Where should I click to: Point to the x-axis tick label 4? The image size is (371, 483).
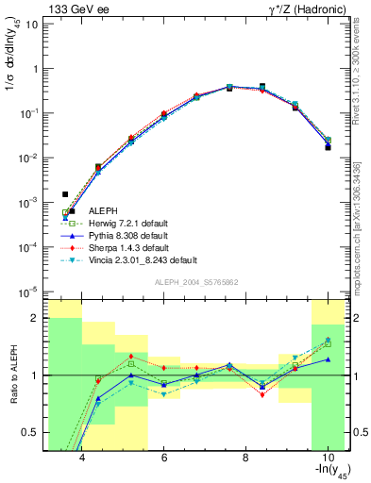pyautogui.click(x=83, y=458)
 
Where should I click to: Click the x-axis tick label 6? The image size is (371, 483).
pyautogui.click(x=164, y=458)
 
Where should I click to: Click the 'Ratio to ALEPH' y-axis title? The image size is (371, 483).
pyautogui.click(x=12, y=375)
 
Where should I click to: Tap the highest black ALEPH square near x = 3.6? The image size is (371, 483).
pyautogui.click(x=65, y=194)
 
